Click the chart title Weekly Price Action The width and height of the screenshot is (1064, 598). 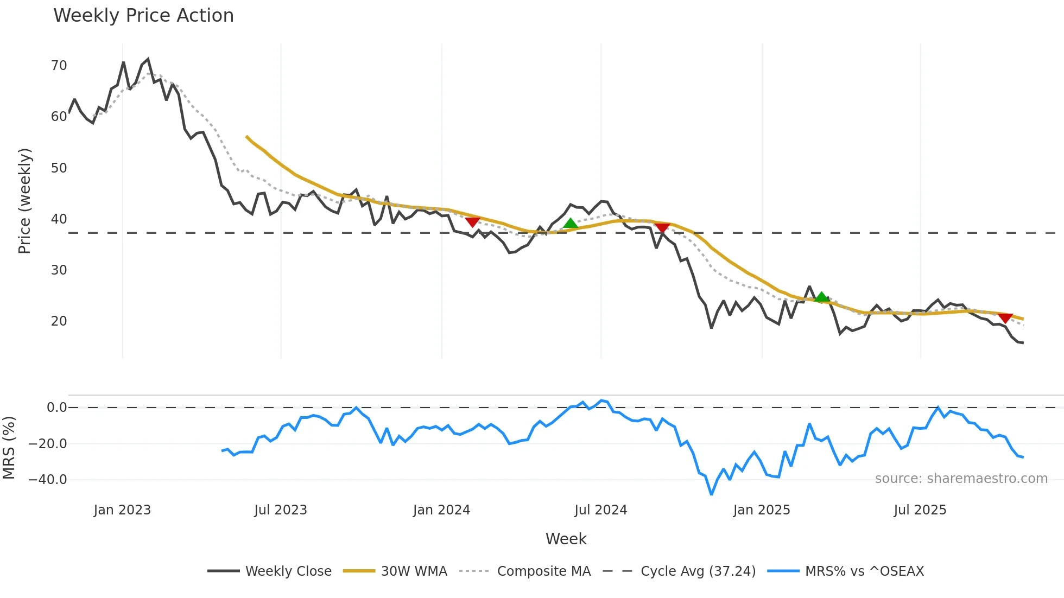[143, 16]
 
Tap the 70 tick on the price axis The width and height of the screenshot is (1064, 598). [59, 66]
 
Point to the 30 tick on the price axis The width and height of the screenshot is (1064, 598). [59, 270]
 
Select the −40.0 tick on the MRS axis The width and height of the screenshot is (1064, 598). [48, 480]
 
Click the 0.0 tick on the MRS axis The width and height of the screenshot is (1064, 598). [56, 408]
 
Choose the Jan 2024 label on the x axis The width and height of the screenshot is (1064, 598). [441, 510]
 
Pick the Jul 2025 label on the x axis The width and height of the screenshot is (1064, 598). [920, 510]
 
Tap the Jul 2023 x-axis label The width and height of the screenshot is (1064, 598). [281, 510]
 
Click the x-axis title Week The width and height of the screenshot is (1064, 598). [566, 539]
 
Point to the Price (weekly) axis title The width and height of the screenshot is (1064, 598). [25, 201]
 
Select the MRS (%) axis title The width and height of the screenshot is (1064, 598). [9, 448]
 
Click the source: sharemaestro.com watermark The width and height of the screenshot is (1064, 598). [961, 479]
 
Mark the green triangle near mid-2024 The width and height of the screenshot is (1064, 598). [570, 224]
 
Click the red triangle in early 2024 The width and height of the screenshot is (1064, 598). [472, 222]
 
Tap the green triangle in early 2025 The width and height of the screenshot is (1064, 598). [821, 297]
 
